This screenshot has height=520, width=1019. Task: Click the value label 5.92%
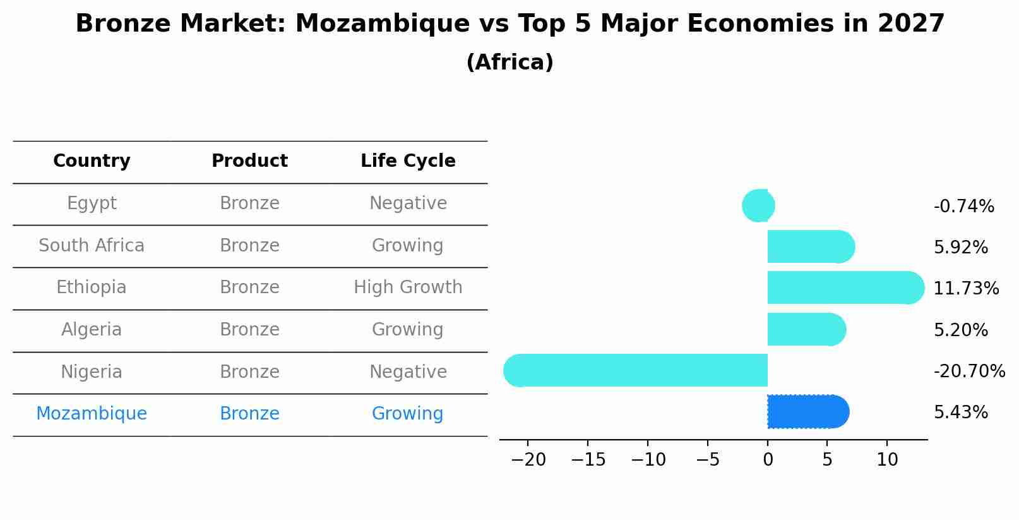tap(960, 247)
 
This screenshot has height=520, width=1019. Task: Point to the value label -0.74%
tap(963, 206)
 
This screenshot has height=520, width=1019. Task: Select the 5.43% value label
tap(960, 412)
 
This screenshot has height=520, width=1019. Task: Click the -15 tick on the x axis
tap(588, 459)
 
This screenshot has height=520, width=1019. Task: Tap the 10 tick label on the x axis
tap(887, 459)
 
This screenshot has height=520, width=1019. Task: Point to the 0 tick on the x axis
tap(768, 459)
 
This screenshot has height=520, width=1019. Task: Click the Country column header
tap(92, 161)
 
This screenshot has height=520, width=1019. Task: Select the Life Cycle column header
tap(408, 161)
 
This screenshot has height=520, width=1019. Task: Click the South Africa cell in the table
tap(92, 245)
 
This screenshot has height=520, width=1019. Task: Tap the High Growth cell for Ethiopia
tap(408, 287)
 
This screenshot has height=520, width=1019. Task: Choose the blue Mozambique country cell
tap(92, 413)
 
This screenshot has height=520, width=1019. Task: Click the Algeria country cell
tap(92, 329)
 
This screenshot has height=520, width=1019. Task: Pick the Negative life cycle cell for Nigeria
tap(408, 372)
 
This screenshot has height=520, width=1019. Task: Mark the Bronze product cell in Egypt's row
tap(249, 203)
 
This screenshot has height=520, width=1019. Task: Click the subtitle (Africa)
tap(509, 63)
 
